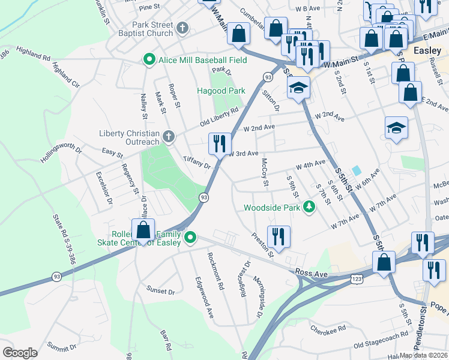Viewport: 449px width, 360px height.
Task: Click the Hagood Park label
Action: [x=221, y=91]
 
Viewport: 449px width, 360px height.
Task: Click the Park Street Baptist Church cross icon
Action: [x=182, y=29]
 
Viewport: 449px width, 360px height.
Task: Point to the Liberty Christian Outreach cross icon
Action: [x=169, y=137]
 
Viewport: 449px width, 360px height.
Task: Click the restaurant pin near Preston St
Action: [x=279, y=235]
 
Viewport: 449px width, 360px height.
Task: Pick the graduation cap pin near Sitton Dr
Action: [x=298, y=88]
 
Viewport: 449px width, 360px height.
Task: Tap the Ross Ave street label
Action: [x=312, y=273]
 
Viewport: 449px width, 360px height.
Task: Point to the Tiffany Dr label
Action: [x=197, y=162]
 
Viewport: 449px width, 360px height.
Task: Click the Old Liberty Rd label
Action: [x=220, y=117]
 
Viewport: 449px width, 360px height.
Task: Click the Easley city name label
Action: [x=427, y=50]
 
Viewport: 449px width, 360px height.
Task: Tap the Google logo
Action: [x=20, y=352]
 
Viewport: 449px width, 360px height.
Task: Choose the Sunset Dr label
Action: [x=160, y=291]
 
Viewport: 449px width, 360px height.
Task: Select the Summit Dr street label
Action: [x=62, y=346]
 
